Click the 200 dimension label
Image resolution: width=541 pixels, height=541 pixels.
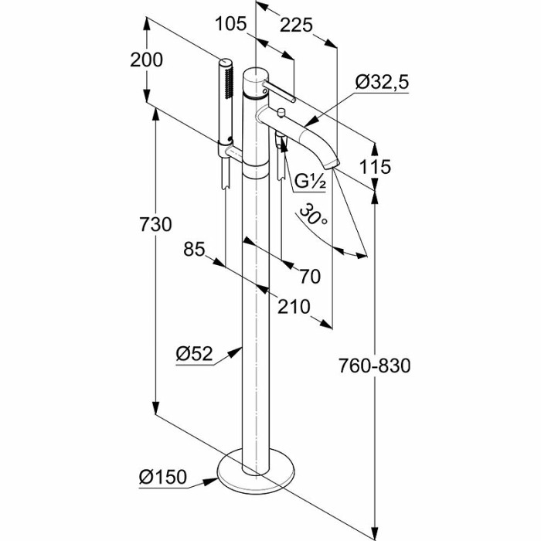pos(147,60)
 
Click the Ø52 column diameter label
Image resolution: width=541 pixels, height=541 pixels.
pos(194,354)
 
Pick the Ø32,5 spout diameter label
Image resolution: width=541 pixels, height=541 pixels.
pos(382,83)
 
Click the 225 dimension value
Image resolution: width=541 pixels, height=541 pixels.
pos(295,25)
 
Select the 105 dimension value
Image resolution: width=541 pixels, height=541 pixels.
pos(231,25)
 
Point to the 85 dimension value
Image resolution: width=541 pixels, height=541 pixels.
pos(194,249)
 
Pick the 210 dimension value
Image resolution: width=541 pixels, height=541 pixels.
pos(294,307)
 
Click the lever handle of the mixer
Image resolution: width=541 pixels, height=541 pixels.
pos(283,92)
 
